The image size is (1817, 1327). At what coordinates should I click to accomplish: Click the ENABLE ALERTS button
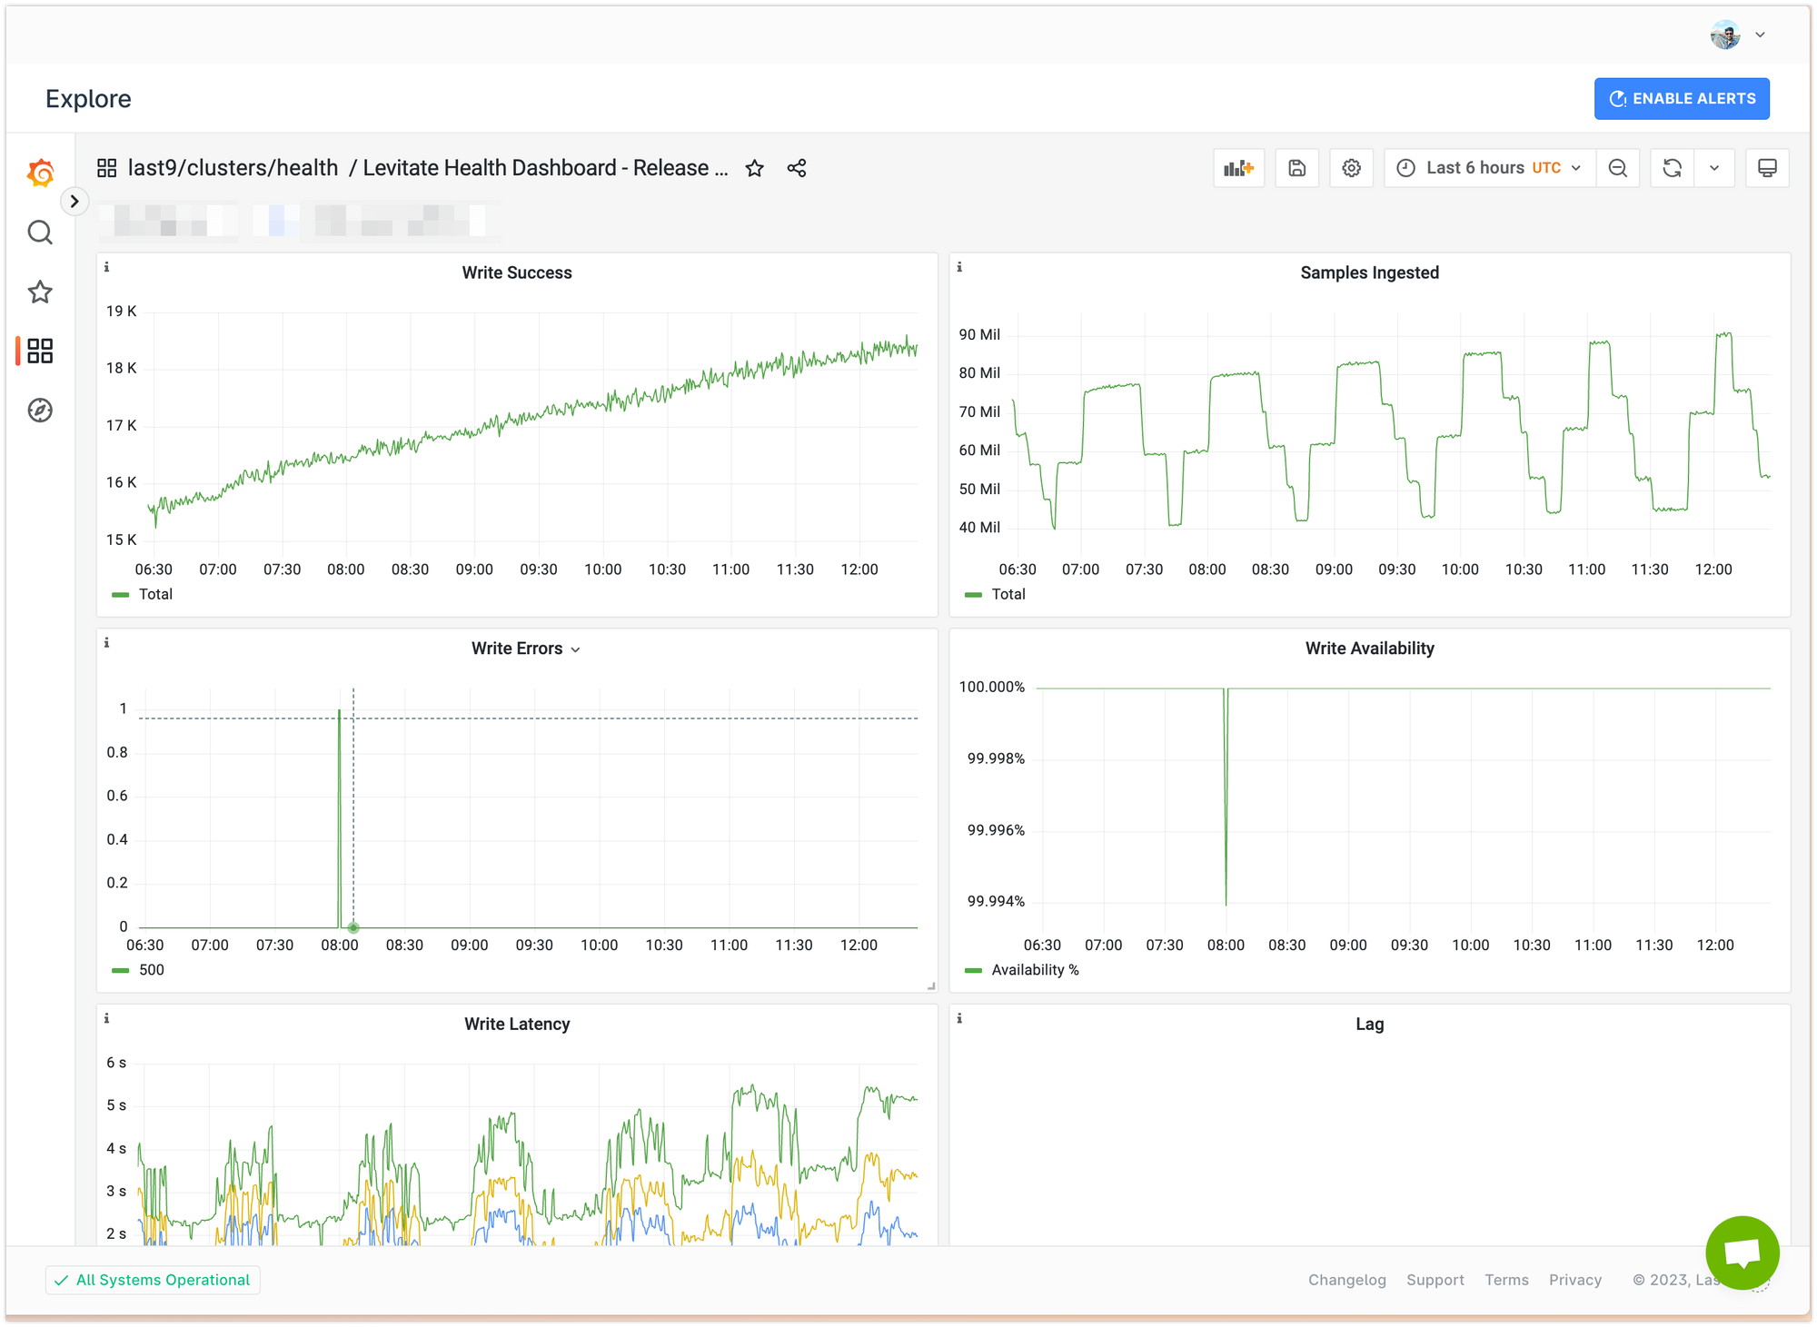pos(1682,99)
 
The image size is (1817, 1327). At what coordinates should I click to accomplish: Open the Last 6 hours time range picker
pos(1490,168)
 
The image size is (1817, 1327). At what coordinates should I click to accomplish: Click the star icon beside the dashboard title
pos(754,169)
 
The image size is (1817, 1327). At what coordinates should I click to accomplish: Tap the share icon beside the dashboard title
pos(797,169)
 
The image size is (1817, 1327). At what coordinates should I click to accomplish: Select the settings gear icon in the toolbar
pos(1351,168)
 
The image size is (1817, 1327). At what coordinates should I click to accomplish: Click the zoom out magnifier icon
pos(1617,168)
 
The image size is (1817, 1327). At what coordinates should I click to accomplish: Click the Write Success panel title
pos(517,272)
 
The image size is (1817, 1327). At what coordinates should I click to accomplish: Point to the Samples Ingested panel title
pos(1369,272)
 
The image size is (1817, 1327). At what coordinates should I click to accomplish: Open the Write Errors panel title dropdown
pos(525,649)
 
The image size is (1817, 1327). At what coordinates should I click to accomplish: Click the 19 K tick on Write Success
pos(121,312)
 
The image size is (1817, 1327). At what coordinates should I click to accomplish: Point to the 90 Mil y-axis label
pos(979,335)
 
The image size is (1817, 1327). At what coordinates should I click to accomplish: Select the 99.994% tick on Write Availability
pos(996,901)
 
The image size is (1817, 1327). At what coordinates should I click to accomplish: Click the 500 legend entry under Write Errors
pos(151,970)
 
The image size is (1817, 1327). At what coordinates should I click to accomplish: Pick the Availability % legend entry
pos(1035,970)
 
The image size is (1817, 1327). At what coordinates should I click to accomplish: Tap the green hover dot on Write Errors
pos(353,927)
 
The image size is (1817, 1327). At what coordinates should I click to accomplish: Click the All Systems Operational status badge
pos(153,1280)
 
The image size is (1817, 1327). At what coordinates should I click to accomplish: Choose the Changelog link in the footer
pos(1346,1280)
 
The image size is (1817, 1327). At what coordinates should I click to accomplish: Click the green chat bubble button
pos(1742,1253)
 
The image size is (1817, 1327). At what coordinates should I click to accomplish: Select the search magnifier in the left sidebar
pos(40,233)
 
